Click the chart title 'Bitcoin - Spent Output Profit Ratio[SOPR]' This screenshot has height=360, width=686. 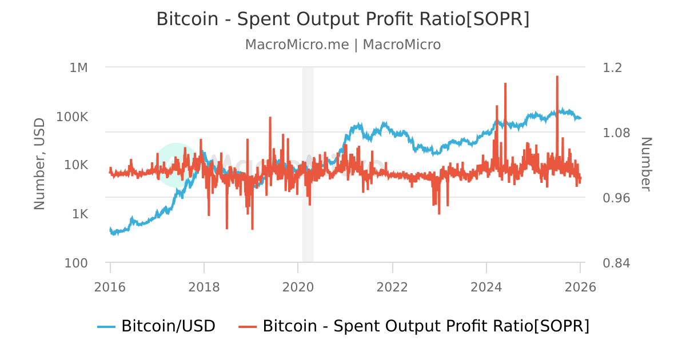pyautogui.click(x=343, y=19)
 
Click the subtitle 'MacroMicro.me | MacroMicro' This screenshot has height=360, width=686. pyautogui.click(x=343, y=45)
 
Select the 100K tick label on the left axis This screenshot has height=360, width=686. pyautogui.click(x=73, y=117)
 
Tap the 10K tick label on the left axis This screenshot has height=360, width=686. pyautogui.click(x=75, y=165)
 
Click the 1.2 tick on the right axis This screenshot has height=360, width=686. pyautogui.click(x=612, y=67)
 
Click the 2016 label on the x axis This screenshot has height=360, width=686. pyautogui.click(x=110, y=287)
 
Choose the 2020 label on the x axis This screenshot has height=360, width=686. pyautogui.click(x=298, y=287)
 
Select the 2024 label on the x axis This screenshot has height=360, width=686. pyautogui.click(x=486, y=287)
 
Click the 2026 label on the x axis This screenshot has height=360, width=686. pyautogui.click(x=580, y=287)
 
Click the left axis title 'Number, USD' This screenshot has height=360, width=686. pyautogui.click(x=39, y=164)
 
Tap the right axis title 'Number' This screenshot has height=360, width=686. pyautogui.click(x=645, y=164)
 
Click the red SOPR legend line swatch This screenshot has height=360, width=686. pyautogui.click(x=248, y=326)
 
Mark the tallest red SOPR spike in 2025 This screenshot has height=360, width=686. pyautogui.click(x=557, y=77)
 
